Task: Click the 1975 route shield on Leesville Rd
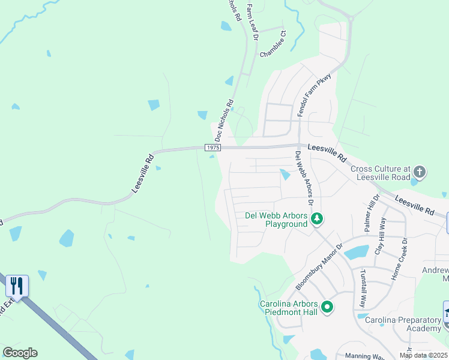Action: (x=212, y=148)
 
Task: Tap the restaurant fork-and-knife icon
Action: (x=17, y=286)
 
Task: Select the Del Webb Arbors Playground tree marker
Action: (x=316, y=220)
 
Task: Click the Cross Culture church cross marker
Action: (x=419, y=173)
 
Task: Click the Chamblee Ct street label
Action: (x=273, y=45)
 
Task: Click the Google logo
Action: (x=20, y=353)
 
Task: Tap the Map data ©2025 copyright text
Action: (x=424, y=356)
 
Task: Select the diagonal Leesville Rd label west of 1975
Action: (x=142, y=175)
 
